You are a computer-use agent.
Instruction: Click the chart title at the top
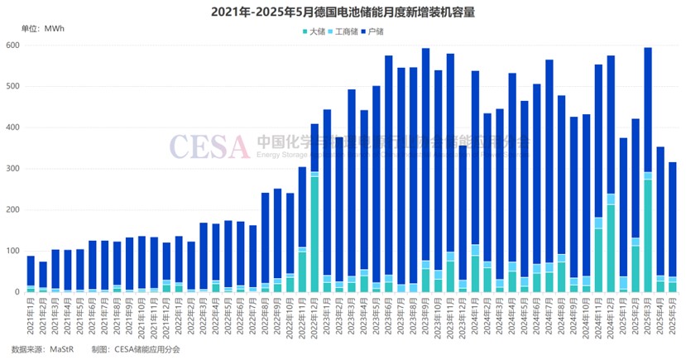coord(343,12)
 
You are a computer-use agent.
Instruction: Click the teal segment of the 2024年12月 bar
coord(611,248)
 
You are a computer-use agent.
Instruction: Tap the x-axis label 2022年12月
coord(314,318)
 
